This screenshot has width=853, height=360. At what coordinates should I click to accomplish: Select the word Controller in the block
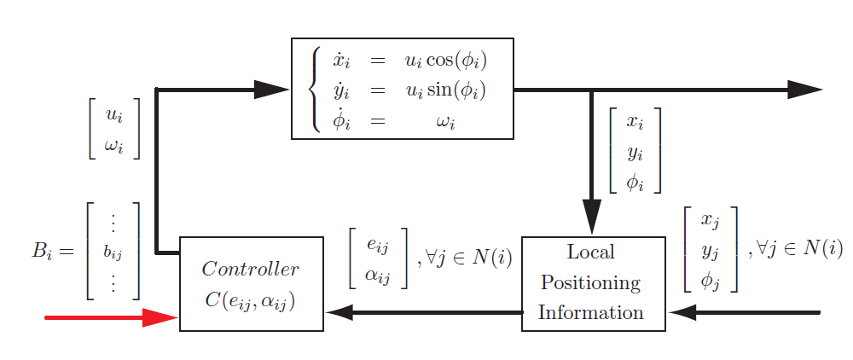pyautogui.click(x=250, y=270)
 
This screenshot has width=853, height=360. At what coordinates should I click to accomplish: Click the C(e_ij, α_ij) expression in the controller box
pyautogui.click(x=250, y=300)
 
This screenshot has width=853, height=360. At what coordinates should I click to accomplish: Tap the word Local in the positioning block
pyautogui.click(x=590, y=253)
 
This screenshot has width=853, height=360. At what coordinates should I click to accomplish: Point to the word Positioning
pyautogui.click(x=591, y=282)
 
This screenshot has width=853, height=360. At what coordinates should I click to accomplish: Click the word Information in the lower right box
pyautogui.click(x=591, y=312)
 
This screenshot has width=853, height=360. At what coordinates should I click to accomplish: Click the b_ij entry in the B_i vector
pyautogui.click(x=113, y=253)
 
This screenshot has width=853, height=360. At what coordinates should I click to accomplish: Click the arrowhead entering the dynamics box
pyautogui.click(x=272, y=89)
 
